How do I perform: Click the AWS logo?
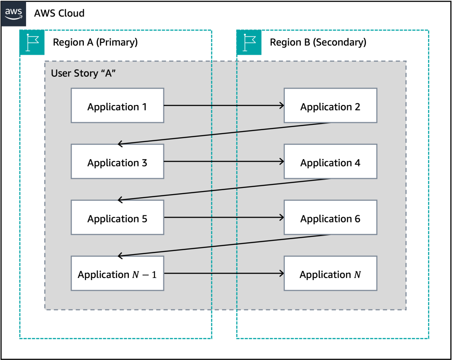coord(13,14)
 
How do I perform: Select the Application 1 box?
coord(117,105)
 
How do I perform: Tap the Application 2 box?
coord(330,105)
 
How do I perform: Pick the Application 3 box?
coord(117,161)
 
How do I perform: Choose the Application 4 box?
coord(330,161)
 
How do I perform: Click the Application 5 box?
coord(117,217)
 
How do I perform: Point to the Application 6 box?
coord(330,217)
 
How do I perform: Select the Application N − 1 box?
coord(117,274)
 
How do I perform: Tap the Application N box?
coord(330,274)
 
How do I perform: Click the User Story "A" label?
coord(83,73)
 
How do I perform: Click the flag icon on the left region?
coord(32,43)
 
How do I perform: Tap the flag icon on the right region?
coord(249,43)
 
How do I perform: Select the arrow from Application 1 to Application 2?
coord(223,105)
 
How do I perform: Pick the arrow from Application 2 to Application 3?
coord(224,133)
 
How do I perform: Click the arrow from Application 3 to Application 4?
coord(223,161)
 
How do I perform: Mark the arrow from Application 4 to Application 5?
coord(224,189)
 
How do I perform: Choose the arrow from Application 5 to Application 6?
coord(223,217)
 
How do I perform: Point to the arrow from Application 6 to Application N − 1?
coord(224,245)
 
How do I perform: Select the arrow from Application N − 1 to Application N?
coord(223,274)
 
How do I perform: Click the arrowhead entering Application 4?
coord(281,161)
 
